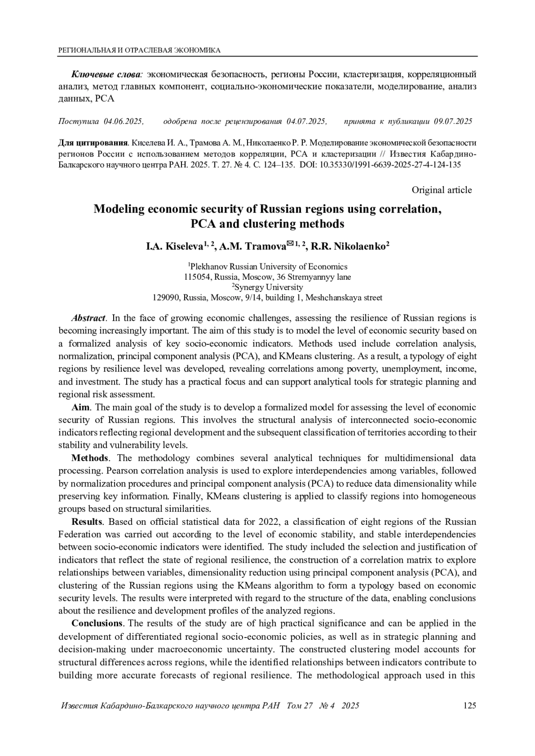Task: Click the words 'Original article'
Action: (441, 190)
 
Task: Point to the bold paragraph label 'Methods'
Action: (90, 458)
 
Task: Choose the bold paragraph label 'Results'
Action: (87, 522)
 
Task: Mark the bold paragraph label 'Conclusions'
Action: (97, 623)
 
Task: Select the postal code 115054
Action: (198, 277)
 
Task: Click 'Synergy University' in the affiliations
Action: (268, 287)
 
